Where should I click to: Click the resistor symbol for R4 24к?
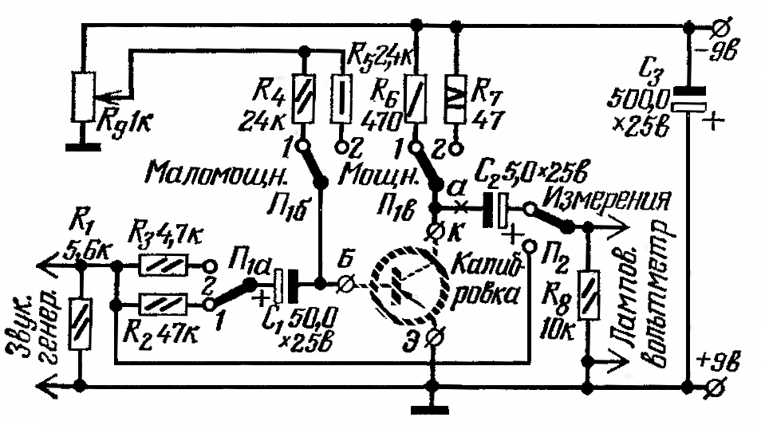pos(303,98)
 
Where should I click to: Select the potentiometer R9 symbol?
pos(82,96)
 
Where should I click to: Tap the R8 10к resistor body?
pos(589,295)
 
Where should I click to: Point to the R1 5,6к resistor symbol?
pos(80,325)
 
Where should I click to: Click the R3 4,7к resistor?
pos(164,266)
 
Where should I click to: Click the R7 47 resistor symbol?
pos(455,98)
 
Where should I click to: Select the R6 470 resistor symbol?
pos(416,98)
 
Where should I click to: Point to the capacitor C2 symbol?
pos(495,210)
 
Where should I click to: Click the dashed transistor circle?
pos(408,286)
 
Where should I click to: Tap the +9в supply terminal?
pos(718,388)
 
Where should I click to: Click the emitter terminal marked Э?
pos(432,337)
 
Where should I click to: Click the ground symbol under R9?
pos(82,147)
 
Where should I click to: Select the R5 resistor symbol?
pos(341,98)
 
